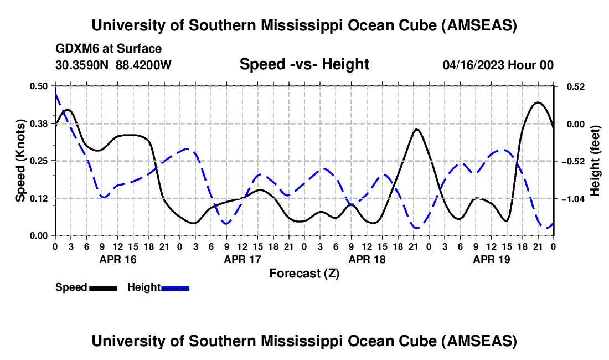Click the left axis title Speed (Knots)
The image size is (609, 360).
pyautogui.click(x=20, y=161)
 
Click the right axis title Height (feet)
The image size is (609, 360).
pyautogui.click(x=595, y=161)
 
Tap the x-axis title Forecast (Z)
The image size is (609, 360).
pyautogui.click(x=304, y=273)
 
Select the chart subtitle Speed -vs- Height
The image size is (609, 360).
pyautogui.click(x=304, y=64)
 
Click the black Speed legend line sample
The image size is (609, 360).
pyautogui.click(x=103, y=288)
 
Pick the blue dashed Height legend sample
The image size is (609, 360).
pyautogui.click(x=175, y=288)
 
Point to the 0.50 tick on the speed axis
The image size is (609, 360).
pyautogui.click(x=39, y=86)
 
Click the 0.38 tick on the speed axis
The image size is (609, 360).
pyautogui.click(x=39, y=124)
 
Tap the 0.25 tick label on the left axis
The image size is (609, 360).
pyautogui.click(x=39, y=161)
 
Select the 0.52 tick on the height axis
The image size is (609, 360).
pyautogui.click(x=570, y=86)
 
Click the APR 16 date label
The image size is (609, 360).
pyautogui.click(x=117, y=259)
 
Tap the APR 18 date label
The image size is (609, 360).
pyautogui.click(x=367, y=259)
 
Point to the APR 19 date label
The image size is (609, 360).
pyautogui.click(x=491, y=259)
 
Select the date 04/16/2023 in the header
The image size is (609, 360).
pyautogui.click(x=473, y=65)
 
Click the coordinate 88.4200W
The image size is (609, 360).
pyautogui.click(x=143, y=65)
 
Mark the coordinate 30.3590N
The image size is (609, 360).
pyautogui.click(x=82, y=65)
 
